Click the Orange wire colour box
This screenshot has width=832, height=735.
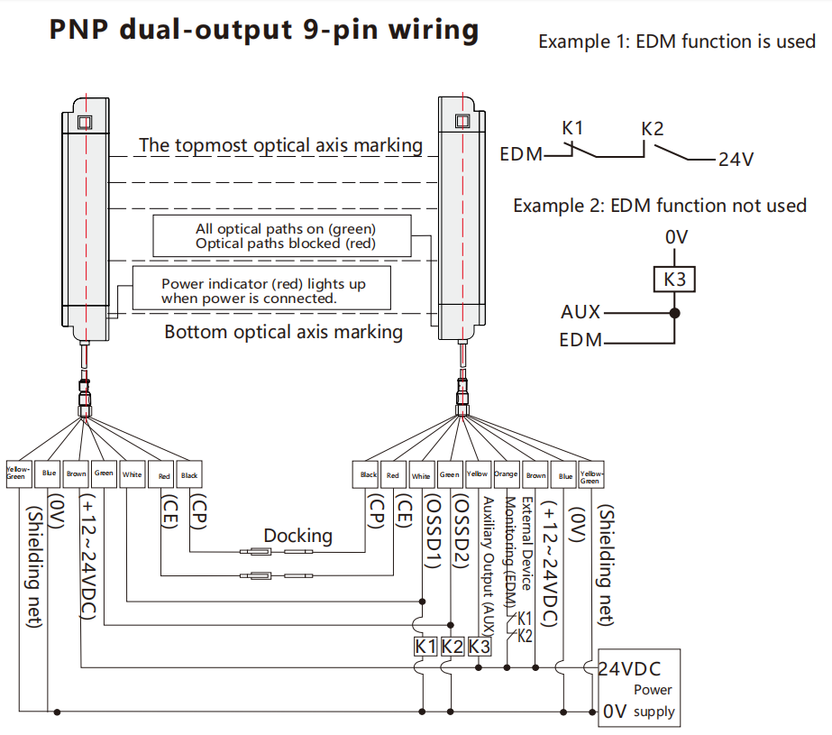506,475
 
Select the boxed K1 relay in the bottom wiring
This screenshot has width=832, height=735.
425,646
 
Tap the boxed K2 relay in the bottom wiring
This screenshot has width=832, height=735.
453,646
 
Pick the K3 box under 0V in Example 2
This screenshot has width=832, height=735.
675,280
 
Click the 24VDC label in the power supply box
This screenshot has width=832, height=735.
630,669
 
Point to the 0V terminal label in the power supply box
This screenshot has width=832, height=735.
615,711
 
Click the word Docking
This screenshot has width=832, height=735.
297,536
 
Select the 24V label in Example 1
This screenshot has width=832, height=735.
736,160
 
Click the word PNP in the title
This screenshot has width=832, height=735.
80,30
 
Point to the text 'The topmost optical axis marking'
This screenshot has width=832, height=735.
280,145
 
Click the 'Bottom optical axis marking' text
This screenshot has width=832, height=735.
283,332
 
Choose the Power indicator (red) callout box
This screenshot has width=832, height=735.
262,290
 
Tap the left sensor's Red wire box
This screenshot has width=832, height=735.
164,475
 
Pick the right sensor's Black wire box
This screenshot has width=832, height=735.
369,475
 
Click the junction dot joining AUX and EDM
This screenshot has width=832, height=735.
674,314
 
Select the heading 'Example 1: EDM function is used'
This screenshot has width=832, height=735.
676,41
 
